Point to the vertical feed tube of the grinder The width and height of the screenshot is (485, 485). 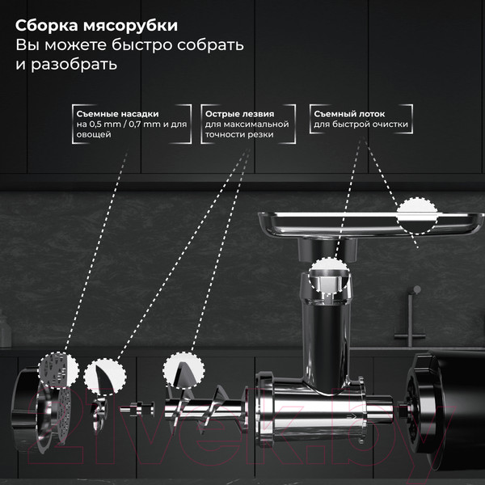(323, 331)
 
